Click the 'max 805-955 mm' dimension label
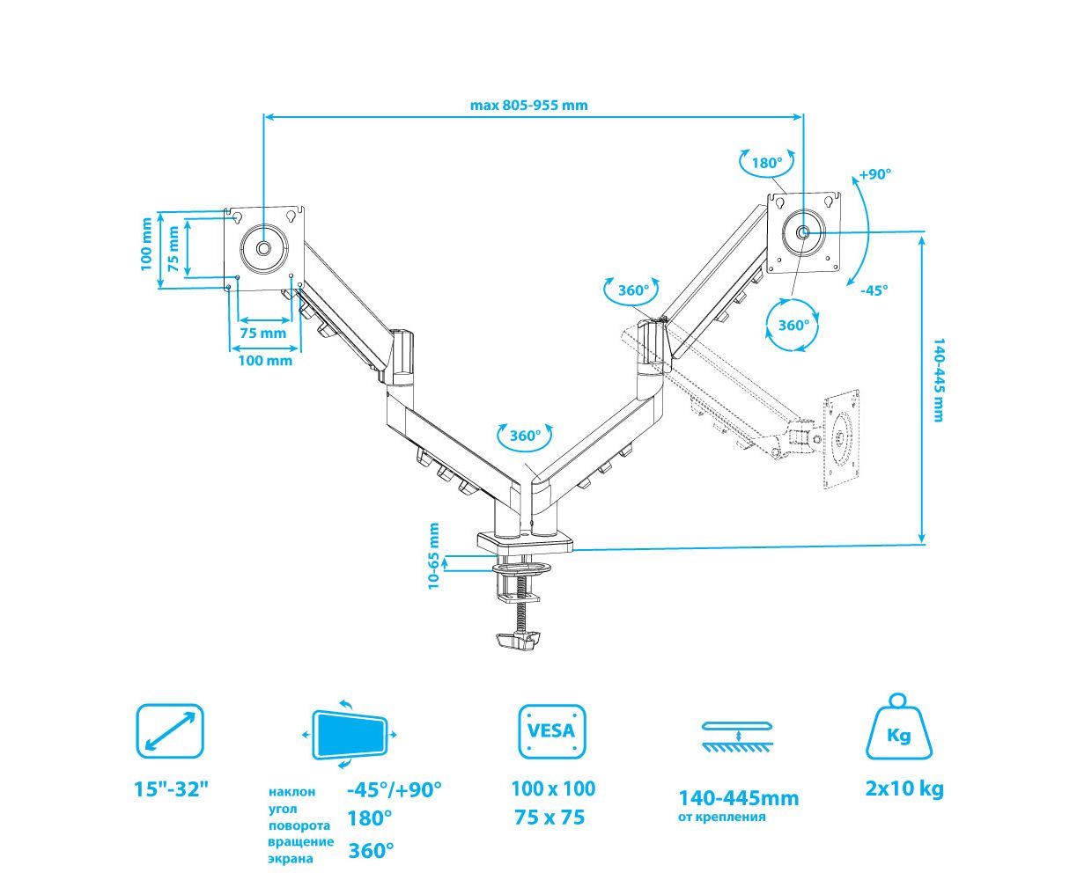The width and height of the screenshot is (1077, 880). [x=528, y=105]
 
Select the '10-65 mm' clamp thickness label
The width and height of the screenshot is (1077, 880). [x=433, y=556]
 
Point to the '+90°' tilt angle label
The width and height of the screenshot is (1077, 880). [x=875, y=174]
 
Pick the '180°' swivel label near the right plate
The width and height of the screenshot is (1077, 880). [x=766, y=163]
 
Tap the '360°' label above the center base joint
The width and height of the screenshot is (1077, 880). [x=524, y=436]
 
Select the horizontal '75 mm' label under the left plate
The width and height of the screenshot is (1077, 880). [x=262, y=334]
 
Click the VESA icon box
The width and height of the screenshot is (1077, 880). [x=551, y=730]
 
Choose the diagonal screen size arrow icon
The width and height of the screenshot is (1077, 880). [x=170, y=730]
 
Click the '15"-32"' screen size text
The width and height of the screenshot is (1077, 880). [x=172, y=788]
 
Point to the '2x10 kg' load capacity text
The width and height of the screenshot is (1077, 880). [x=904, y=788]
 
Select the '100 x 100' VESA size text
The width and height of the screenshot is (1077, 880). [x=553, y=788]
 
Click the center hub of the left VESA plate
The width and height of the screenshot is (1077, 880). [x=264, y=248]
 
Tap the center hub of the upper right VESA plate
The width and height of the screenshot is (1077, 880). [x=804, y=231]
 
